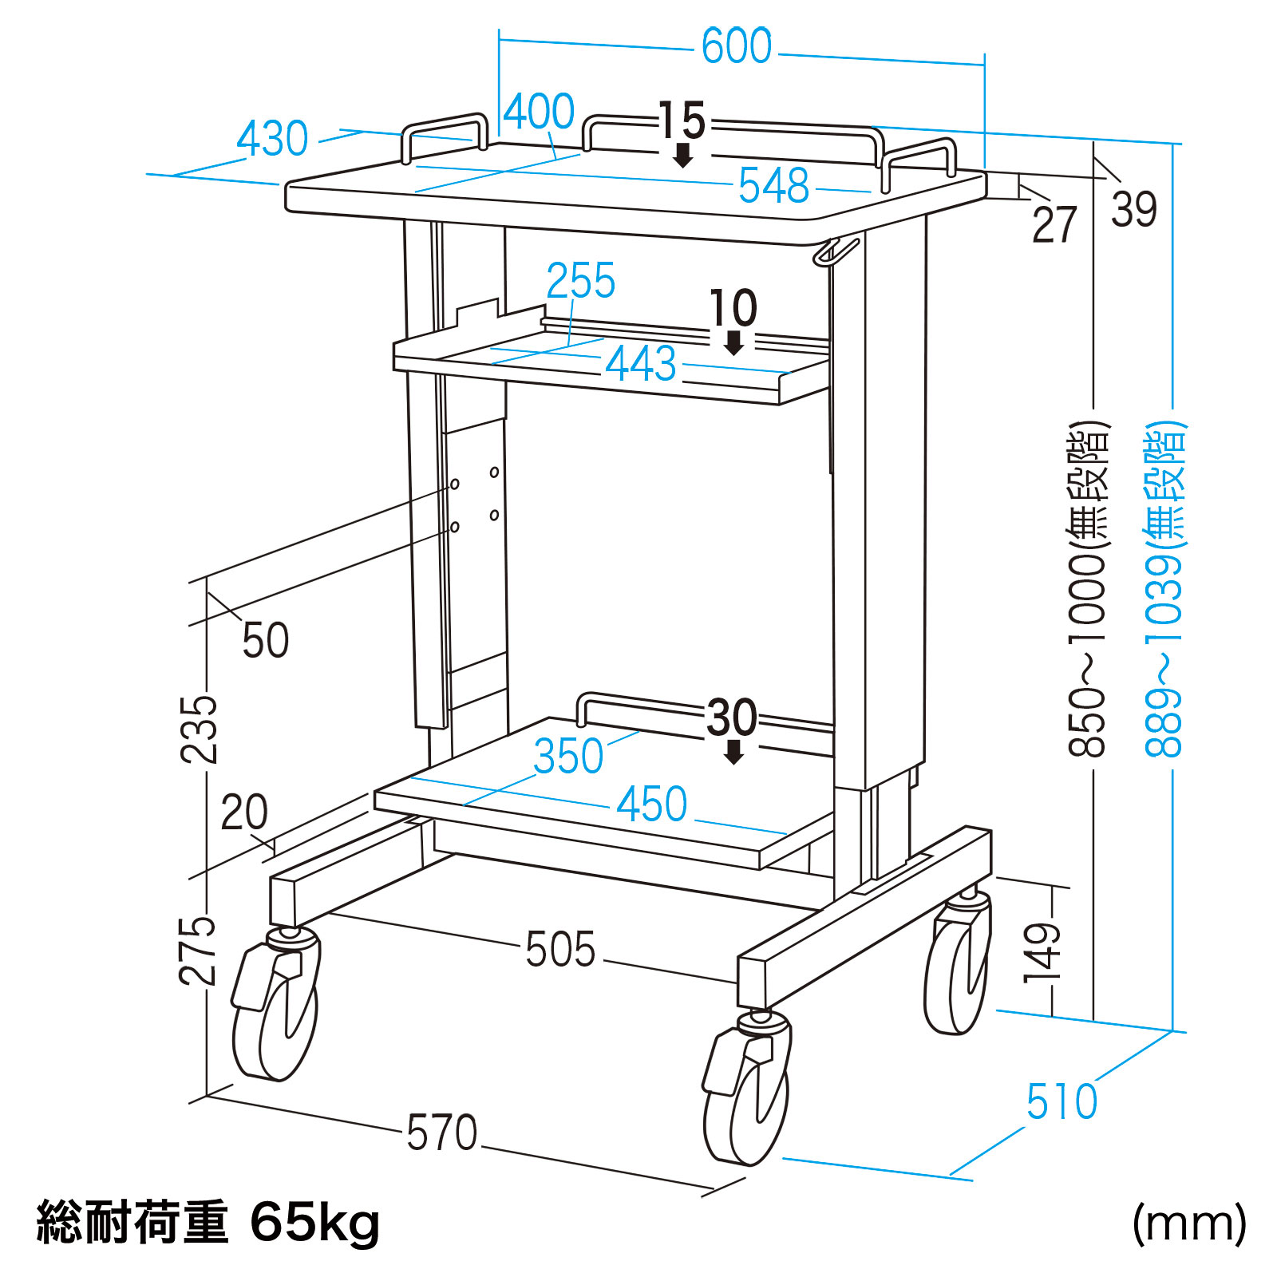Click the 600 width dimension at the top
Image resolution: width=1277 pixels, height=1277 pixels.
coord(736,46)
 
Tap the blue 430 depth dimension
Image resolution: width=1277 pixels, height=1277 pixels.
coord(272,140)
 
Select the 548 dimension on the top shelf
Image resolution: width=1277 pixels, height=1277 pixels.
coord(773,186)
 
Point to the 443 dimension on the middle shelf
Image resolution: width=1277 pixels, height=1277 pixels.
coord(640,364)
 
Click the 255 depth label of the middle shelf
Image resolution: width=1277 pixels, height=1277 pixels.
coord(580,281)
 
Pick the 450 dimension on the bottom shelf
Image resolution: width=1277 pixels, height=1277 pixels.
coord(651,804)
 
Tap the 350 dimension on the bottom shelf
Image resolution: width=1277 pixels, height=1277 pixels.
coord(568,757)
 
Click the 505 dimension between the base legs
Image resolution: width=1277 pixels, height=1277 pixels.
coord(560,950)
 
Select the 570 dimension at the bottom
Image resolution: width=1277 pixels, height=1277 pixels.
coord(441,1133)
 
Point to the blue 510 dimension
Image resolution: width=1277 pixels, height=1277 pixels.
coord(1062,1102)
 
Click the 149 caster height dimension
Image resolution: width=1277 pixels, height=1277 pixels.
coord(1042,951)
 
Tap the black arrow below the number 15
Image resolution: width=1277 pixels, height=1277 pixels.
coord(682,155)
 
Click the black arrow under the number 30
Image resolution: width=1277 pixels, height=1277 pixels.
coord(733,752)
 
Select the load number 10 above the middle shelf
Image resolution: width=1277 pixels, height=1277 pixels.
coord(733,308)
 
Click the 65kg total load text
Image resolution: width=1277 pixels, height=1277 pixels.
coord(314,1223)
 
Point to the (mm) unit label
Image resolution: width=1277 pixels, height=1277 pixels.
coord(1188,1223)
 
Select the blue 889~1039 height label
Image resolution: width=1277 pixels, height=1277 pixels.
coord(1164,591)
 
